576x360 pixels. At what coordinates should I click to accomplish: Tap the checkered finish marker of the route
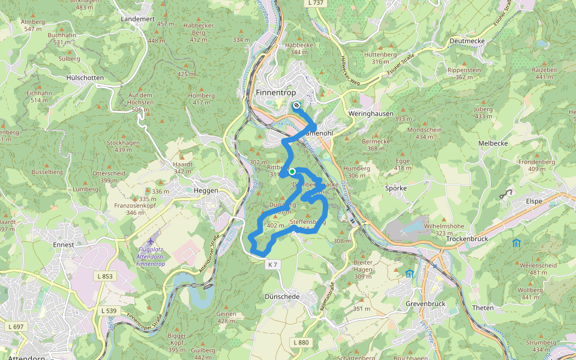[x=296, y=106]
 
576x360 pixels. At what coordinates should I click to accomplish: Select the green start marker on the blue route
[x=292, y=172]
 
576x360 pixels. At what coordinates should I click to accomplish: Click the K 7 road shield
[x=272, y=265]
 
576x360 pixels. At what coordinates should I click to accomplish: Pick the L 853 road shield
[x=104, y=276]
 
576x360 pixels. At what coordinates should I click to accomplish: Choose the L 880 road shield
[x=302, y=342]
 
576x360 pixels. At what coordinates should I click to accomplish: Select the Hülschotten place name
[x=85, y=78]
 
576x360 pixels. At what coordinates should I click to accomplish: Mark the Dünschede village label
[x=281, y=297]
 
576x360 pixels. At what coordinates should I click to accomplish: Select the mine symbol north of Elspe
[x=509, y=193]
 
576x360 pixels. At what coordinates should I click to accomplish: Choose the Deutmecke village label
[x=467, y=41]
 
